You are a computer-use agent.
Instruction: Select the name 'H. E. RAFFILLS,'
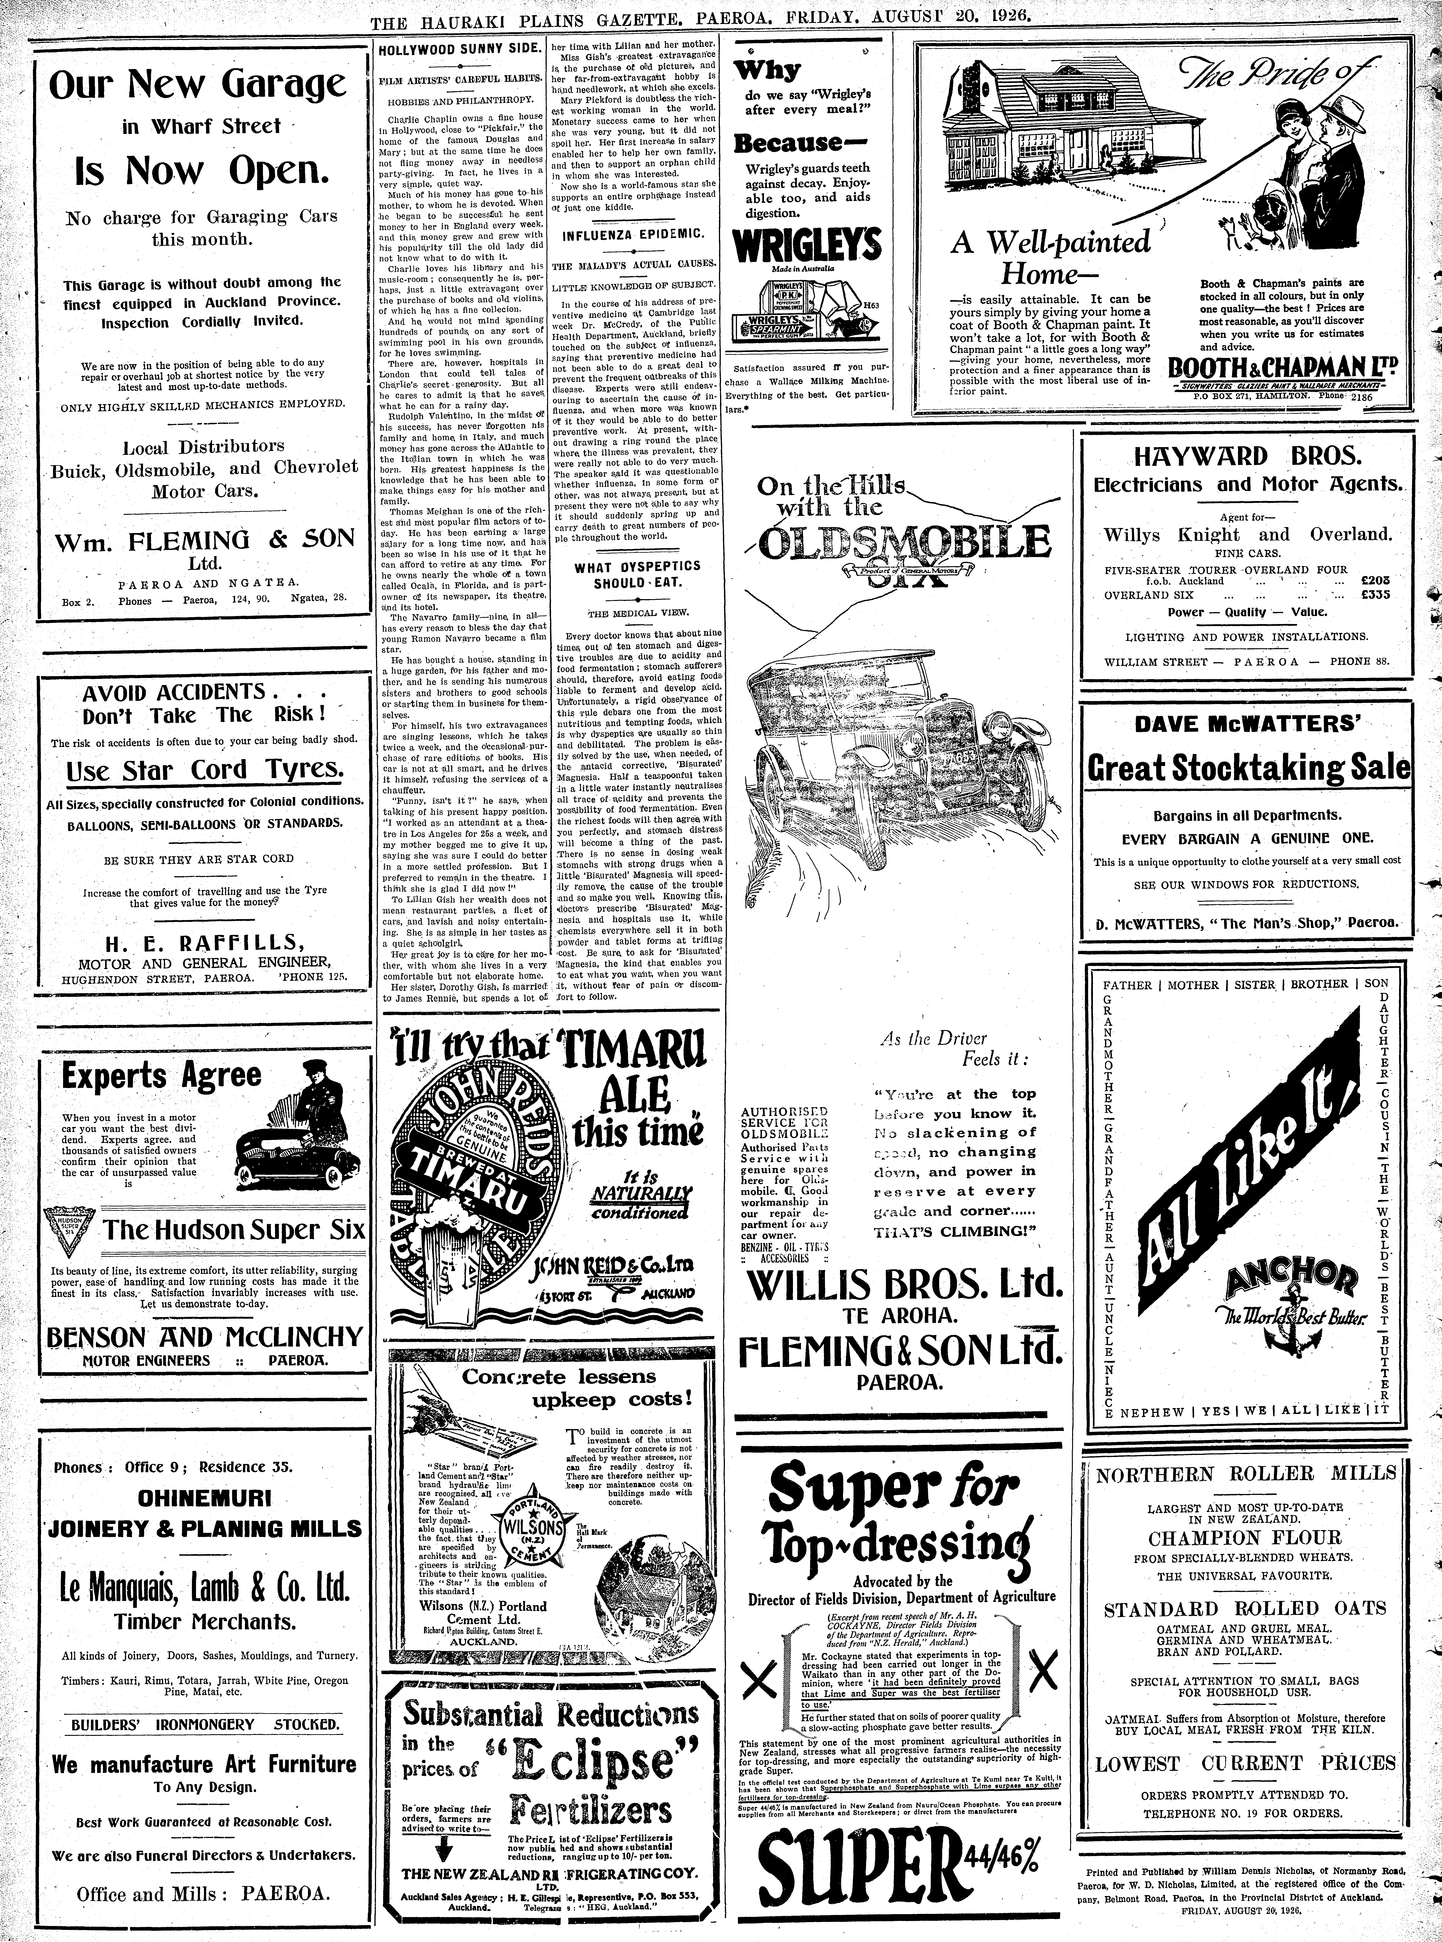coord(204,942)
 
